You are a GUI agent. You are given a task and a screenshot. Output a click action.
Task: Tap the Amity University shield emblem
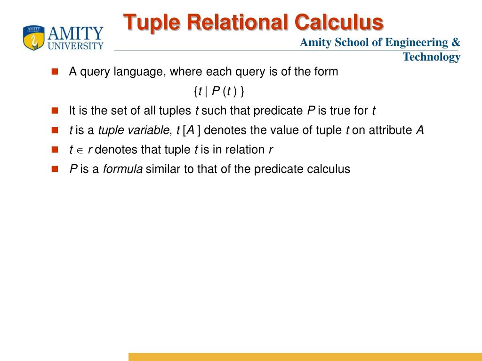click(33, 38)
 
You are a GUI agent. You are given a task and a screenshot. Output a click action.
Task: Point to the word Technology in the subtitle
click(431, 57)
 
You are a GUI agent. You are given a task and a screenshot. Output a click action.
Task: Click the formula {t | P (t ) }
click(219, 91)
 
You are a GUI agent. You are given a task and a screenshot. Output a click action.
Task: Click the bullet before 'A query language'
click(55, 72)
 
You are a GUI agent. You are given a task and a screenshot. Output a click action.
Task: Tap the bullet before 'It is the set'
click(55, 111)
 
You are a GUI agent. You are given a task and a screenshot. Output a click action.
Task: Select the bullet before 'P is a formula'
click(55, 169)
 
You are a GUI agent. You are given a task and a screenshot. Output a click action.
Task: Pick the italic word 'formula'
click(123, 169)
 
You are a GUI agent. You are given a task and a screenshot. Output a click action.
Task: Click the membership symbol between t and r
click(80, 150)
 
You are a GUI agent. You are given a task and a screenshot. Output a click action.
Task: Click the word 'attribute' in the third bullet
click(390, 130)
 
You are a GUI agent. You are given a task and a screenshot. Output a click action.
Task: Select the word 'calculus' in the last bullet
click(329, 169)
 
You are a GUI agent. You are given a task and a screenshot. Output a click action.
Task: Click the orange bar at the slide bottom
click(305, 357)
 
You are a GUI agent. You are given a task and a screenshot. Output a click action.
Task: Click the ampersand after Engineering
click(456, 42)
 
